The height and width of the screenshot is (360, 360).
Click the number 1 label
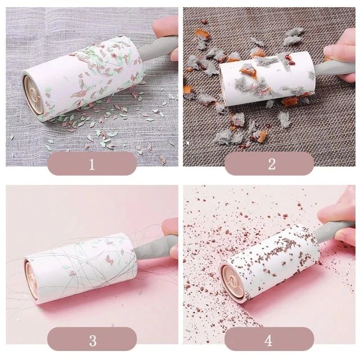(x=92, y=164)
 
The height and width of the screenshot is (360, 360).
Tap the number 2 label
(x=272, y=164)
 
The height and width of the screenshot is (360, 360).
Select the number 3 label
(x=93, y=341)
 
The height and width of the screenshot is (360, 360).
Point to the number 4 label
(x=269, y=341)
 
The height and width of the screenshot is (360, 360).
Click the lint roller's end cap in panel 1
(x=33, y=95)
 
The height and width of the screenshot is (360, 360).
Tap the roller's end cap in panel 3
(x=31, y=281)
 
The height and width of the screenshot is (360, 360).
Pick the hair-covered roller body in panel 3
(x=80, y=268)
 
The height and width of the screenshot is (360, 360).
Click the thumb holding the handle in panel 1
(x=166, y=26)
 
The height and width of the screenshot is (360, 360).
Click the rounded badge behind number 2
(x=269, y=164)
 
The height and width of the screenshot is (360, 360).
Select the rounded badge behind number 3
(x=92, y=339)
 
